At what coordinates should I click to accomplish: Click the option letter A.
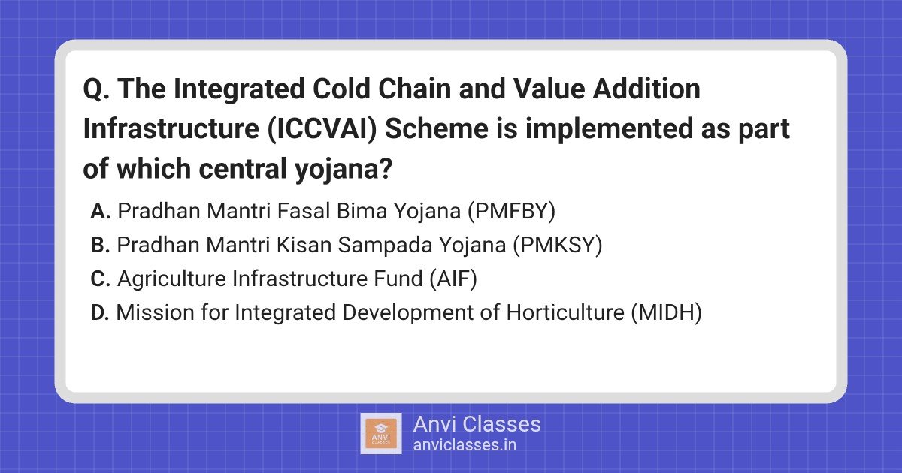pyautogui.click(x=101, y=212)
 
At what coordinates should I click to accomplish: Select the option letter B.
pyautogui.click(x=101, y=246)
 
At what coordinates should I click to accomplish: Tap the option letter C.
pyautogui.click(x=101, y=279)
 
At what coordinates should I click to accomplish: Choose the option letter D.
pyautogui.click(x=101, y=313)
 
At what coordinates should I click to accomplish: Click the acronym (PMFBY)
pyautogui.click(x=510, y=212)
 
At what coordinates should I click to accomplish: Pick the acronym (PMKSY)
pyautogui.click(x=558, y=246)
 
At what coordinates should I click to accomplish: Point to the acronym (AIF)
pyautogui.click(x=453, y=279)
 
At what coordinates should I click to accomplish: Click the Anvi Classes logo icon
pyautogui.click(x=381, y=433)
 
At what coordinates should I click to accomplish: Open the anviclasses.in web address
pyautogui.click(x=465, y=445)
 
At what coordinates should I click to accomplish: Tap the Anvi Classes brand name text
pyautogui.click(x=477, y=424)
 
